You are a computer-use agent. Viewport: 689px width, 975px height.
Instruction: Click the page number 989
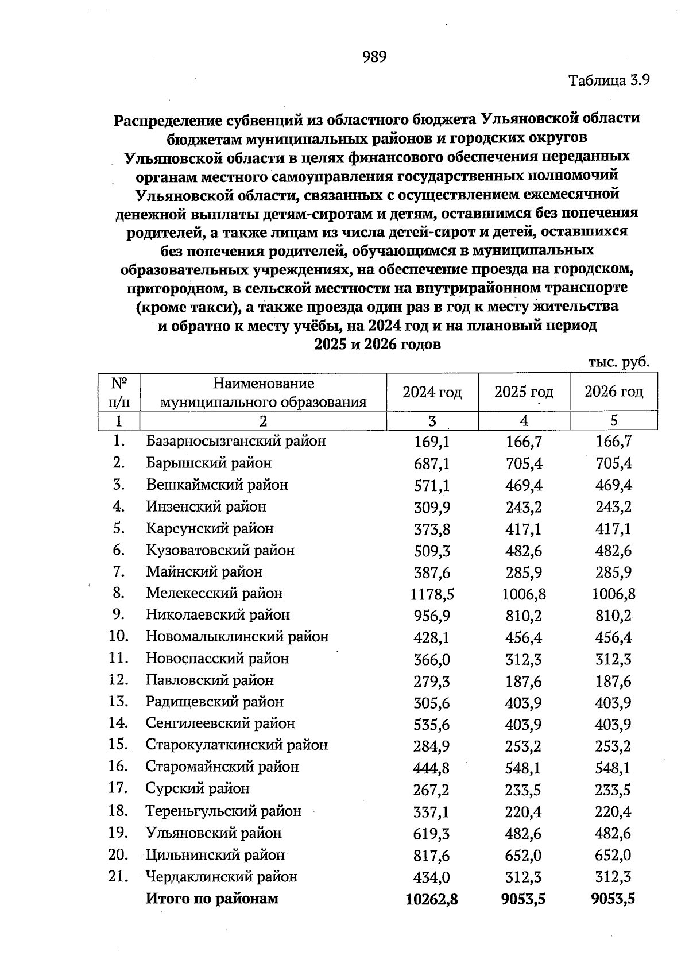(375, 56)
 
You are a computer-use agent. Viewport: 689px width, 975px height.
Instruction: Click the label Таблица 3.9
(609, 80)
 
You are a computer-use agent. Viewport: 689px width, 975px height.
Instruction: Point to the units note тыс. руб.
(619, 362)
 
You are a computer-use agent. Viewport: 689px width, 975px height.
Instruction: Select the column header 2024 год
(432, 392)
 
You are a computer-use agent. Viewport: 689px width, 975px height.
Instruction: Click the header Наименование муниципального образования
(264, 392)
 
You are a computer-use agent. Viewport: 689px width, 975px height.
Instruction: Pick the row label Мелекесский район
(214, 593)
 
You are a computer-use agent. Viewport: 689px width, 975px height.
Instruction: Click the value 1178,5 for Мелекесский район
(432, 594)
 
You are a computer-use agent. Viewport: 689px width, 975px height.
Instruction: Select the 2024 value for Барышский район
(432, 463)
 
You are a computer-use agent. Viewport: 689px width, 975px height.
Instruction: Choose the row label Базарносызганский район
(236, 441)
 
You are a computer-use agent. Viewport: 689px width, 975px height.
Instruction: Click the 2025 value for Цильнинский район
(523, 856)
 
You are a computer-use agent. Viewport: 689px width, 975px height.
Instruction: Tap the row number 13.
(118, 702)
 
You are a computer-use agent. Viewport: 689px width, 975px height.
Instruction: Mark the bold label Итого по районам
(212, 899)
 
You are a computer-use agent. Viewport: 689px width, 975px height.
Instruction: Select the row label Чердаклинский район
(222, 877)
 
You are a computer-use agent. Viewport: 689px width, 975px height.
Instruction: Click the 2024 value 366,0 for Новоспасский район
(432, 660)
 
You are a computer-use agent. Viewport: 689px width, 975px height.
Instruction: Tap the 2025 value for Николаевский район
(523, 616)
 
